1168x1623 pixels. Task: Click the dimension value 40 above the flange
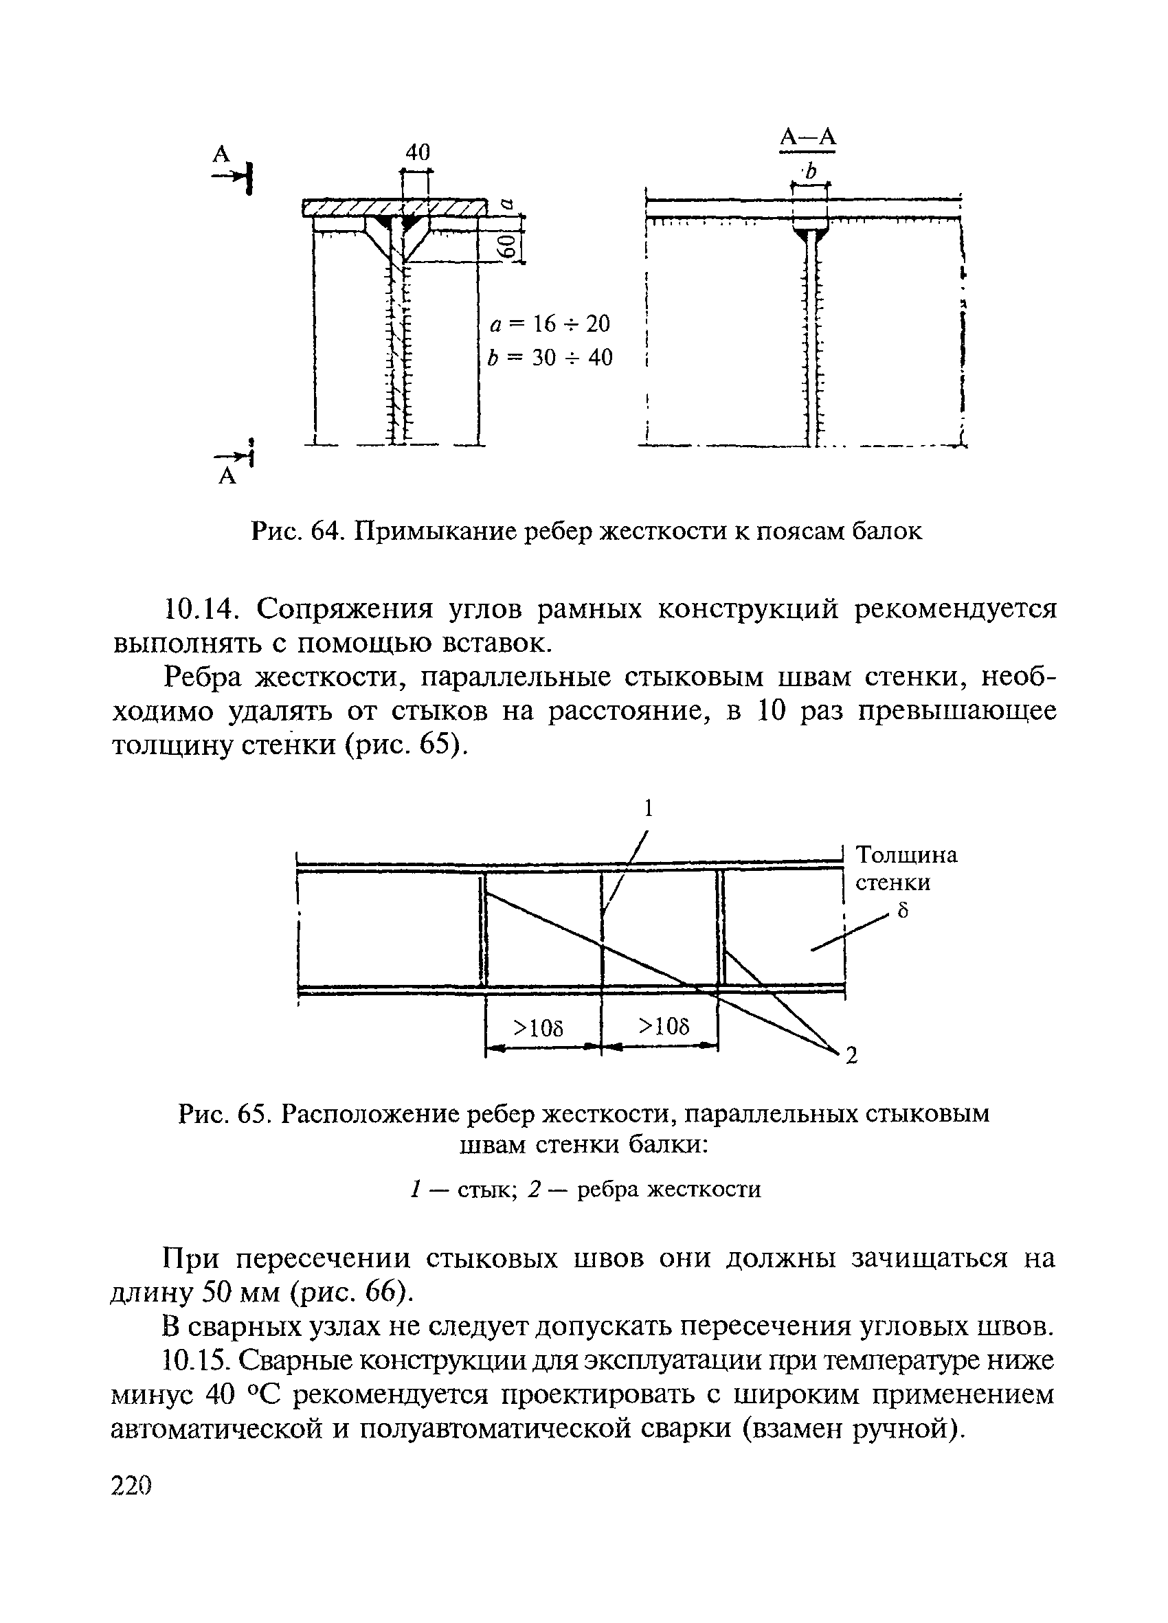[x=417, y=152]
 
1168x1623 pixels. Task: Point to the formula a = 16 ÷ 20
[x=550, y=324]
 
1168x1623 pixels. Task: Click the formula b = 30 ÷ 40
[x=550, y=357]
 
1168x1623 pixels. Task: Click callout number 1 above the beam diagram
[x=649, y=808]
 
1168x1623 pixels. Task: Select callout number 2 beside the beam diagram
[x=851, y=1056]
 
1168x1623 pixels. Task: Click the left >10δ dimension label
[x=539, y=1028]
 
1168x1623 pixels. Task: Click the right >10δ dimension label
[x=664, y=1026]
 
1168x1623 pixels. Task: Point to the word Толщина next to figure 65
[x=907, y=855]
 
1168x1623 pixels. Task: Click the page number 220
[x=133, y=1486]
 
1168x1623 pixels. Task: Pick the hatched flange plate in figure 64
[x=393, y=209]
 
